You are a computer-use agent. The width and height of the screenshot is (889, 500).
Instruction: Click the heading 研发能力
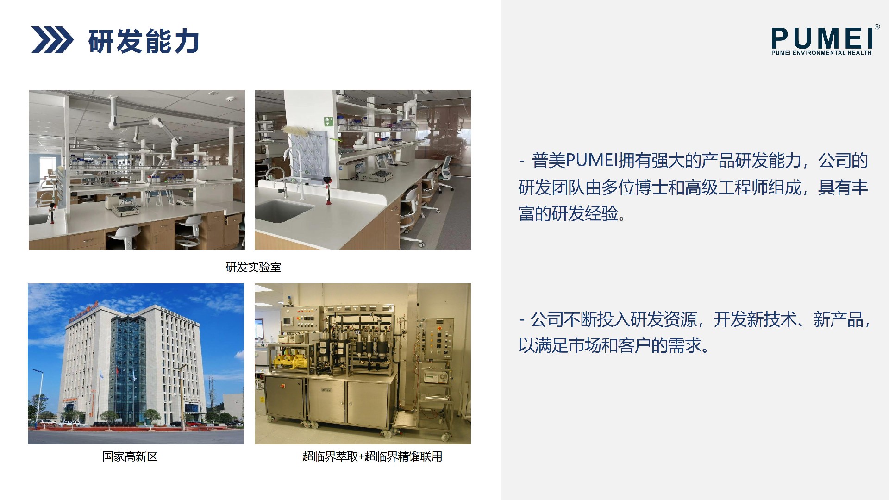click(144, 41)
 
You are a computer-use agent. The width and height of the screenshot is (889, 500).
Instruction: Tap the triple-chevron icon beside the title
click(52, 40)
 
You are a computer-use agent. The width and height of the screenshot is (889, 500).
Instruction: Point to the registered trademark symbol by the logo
click(877, 27)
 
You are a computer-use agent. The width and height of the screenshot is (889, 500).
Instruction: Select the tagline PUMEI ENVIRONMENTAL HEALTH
click(821, 53)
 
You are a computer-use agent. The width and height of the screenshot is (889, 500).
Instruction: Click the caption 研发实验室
click(253, 267)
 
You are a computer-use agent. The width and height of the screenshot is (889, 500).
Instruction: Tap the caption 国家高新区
click(130, 456)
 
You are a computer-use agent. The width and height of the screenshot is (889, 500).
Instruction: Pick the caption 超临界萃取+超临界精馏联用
click(372, 456)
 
